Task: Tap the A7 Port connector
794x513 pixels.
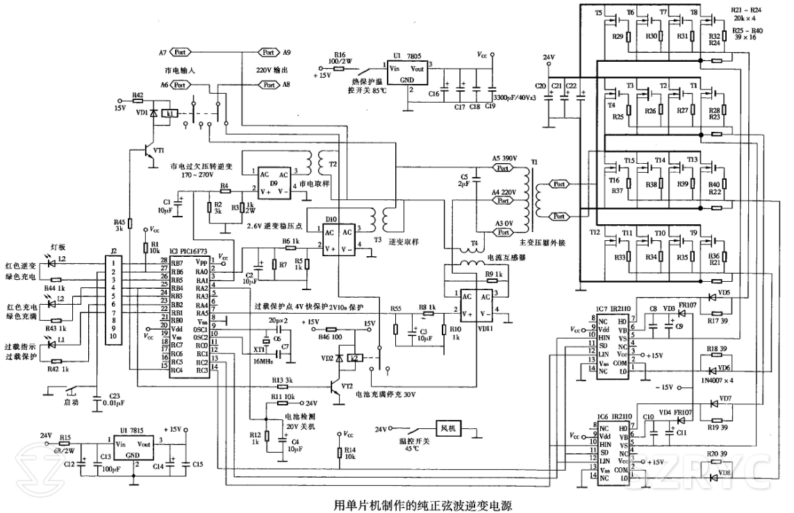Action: tap(179, 52)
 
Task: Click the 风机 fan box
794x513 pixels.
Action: tap(446, 428)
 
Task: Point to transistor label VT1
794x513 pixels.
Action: tap(158, 150)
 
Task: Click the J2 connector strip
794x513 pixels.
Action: tap(113, 298)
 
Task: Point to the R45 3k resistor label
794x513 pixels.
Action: tap(119, 224)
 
